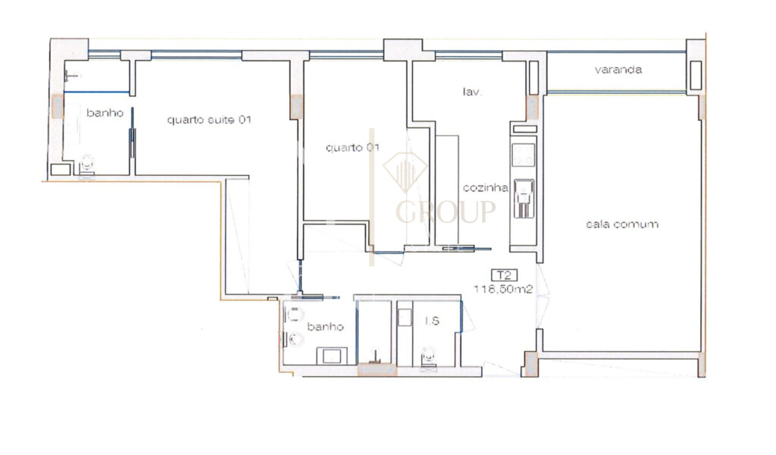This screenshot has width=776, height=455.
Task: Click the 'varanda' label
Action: tap(618, 70)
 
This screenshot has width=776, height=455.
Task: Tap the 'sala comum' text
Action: tap(621, 224)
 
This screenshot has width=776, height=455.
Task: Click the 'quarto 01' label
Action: tap(352, 148)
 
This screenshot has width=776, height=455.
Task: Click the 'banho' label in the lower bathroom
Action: tap(326, 327)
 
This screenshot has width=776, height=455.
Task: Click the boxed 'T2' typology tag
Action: tap(501, 275)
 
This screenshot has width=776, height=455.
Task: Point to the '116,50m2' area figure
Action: tap(500, 289)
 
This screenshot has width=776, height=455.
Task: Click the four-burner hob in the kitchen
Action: tap(524, 155)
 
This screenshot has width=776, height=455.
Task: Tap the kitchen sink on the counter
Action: tap(524, 194)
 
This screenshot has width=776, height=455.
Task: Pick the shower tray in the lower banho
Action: tap(331, 355)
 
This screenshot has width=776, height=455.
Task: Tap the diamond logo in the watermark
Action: tap(405, 171)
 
